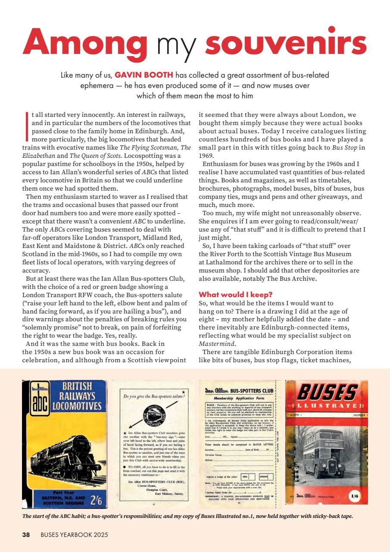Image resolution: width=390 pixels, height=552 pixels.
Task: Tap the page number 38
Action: (26, 535)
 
